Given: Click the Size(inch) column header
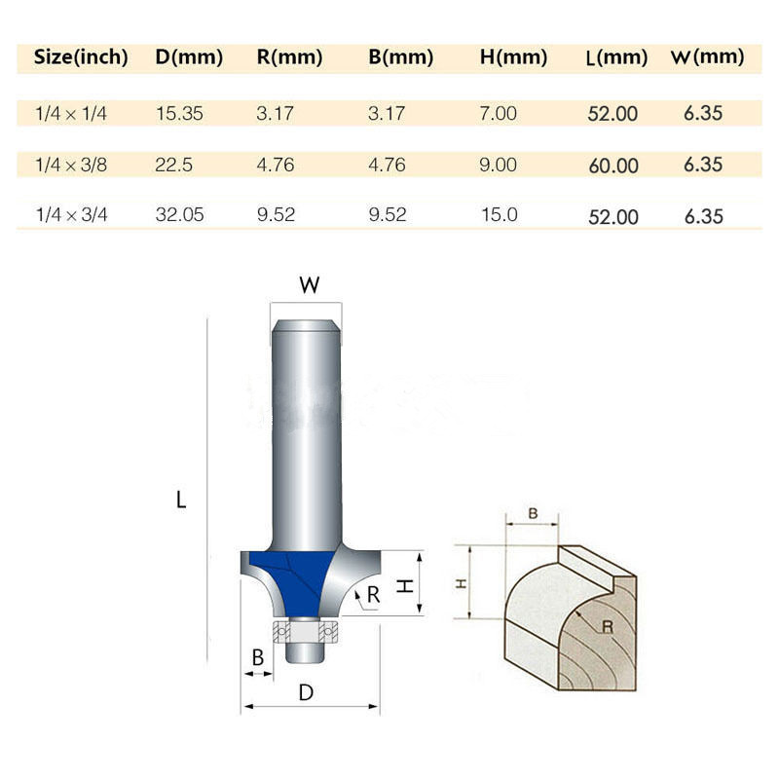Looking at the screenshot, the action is pyautogui.click(x=81, y=56).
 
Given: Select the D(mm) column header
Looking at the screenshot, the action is pyautogui.click(x=189, y=56).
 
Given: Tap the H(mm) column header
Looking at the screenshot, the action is pyautogui.click(x=513, y=56).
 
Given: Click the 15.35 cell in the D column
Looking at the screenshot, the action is pyautogui.click(x=179, y=113).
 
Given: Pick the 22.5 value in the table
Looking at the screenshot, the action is pyautogui.click(x=173, y=165).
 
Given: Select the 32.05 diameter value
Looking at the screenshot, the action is pyautogui.click(x=179, y=214).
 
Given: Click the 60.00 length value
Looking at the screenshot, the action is pyautogui.click(x=613, y=166).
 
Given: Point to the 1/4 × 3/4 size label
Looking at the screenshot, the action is pyautogui.click(x=71, y=214).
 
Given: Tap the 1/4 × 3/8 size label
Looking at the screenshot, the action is pyautogui.click(x=71, y=165).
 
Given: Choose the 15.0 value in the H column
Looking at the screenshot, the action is pyautogui.click(x=500, y=214).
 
